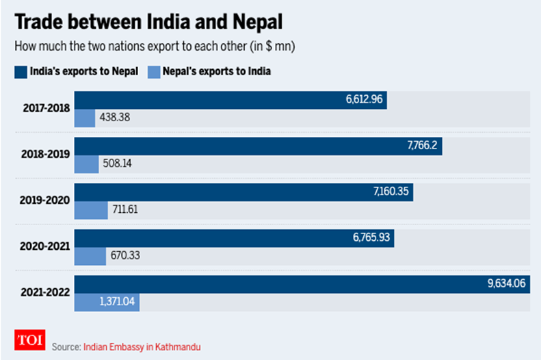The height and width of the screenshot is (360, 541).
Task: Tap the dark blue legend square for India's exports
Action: [x=19, y=71]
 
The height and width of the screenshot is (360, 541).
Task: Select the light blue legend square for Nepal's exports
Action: [x=153, y=71]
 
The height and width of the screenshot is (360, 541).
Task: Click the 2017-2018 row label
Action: [x=45, y=108]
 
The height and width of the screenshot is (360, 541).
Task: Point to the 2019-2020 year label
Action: [x=45, y=201]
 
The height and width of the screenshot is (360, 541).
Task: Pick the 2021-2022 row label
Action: [x=45, y=293]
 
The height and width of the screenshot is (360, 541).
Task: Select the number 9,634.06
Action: [x=506, y=283]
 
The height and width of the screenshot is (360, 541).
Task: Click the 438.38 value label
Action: [x=114, y=118]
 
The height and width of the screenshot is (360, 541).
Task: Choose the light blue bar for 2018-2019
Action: [x=86, y=164]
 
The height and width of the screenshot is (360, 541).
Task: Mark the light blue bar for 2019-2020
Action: [x=91, y=210]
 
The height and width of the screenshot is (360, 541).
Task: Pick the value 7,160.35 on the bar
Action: [x=391, y=192]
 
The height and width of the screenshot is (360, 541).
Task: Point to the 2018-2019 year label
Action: [x=45, y=155]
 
